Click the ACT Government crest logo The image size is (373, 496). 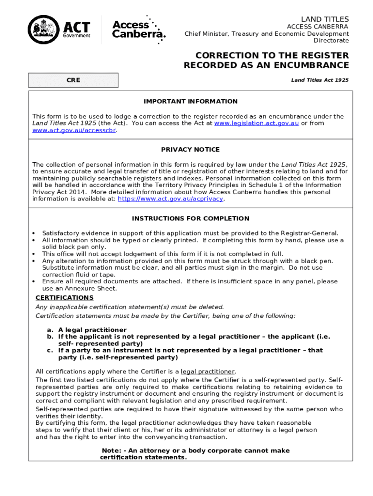point(44,30)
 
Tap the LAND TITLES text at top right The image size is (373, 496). point(325,19)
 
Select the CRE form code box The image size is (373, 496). point(73,80)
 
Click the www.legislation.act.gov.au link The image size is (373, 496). point(256,123)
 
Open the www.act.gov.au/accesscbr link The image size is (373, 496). point(74,130)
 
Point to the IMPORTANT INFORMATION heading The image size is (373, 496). point(190,101)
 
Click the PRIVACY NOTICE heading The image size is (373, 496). point(190,149)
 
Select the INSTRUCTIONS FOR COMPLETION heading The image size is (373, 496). point(190,218)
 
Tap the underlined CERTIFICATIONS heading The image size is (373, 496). point(64,297)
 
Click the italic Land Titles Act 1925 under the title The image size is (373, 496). point(320,80)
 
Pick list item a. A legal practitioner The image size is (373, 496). point(86,330)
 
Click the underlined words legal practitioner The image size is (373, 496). point(207,372)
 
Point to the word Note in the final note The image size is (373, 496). point(111,450)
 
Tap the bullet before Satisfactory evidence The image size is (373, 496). point(34,233)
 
